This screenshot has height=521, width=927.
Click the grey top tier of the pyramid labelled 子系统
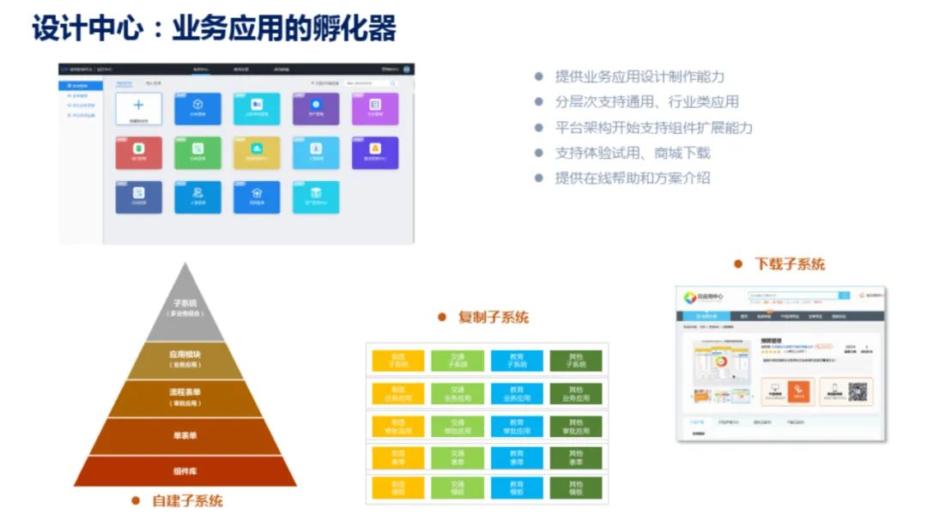click(185, 307)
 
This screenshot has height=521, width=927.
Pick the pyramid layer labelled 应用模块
click(185, 359)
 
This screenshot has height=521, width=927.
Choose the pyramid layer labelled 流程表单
click(185, 397)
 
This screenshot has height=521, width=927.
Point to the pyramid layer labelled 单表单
click(185, 436)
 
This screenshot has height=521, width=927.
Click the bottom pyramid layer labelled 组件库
click(185, 471)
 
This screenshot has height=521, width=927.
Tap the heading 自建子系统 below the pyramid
click(187, 500)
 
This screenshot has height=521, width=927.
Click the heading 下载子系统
click(789, 264)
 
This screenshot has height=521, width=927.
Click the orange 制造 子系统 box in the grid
click(397, 360)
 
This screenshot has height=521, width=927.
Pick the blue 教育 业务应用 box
click(517, 394)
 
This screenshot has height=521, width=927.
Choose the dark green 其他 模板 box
click(576, 489)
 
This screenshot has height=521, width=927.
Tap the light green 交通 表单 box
click(457, 457)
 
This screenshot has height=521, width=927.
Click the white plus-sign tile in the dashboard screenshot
click(138, 108)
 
